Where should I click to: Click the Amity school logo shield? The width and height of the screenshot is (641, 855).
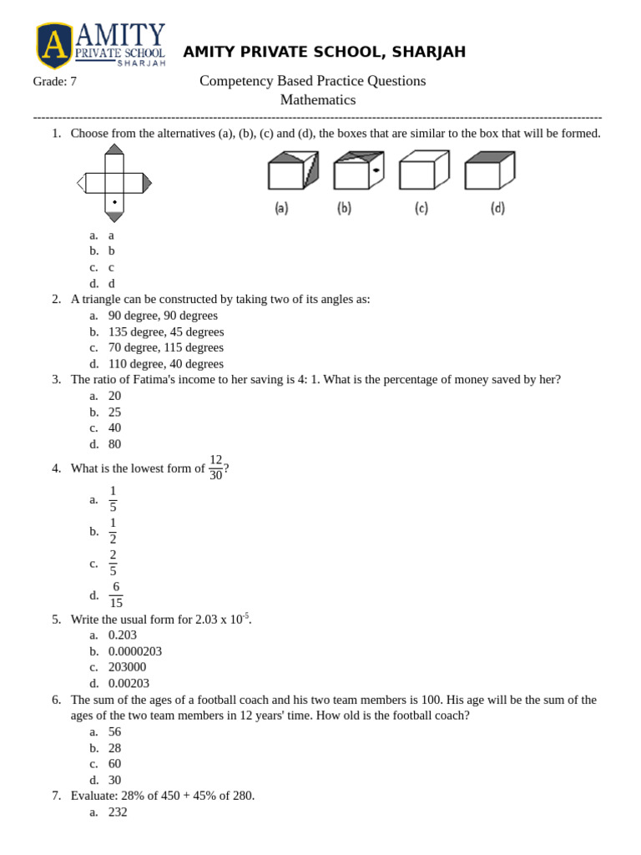tap(54, 45)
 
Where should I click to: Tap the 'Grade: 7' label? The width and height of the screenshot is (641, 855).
tap(55, 82)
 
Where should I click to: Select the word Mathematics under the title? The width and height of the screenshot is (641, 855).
tap(317, 100)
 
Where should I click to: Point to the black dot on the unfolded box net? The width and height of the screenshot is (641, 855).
tap(114, 202)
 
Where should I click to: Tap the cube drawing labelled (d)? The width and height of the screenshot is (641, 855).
tap(489, 171)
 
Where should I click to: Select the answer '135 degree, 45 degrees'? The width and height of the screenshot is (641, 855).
tap(166, 331)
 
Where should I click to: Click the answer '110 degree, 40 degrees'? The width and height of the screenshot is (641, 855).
tap(166, 364)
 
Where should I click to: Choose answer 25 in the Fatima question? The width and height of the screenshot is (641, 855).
tap(114, 412)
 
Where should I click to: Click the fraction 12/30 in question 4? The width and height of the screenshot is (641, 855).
tap(216, 468)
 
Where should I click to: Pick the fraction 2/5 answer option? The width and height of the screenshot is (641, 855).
tap(114, 564)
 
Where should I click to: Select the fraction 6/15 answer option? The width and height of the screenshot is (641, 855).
tap(116, 595)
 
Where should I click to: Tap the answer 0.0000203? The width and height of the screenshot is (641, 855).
tap(135, 651)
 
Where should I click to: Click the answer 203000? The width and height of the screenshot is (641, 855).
tap(127, 667)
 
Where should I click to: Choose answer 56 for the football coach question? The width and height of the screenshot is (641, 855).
tap(115, 732)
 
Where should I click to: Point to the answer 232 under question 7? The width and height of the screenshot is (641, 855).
tap(118, 812)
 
